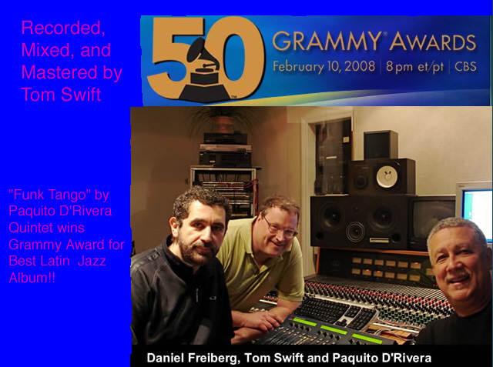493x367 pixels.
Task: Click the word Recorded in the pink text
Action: [x=62, y=28]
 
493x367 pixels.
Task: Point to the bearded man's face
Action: [x=202, y=226]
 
